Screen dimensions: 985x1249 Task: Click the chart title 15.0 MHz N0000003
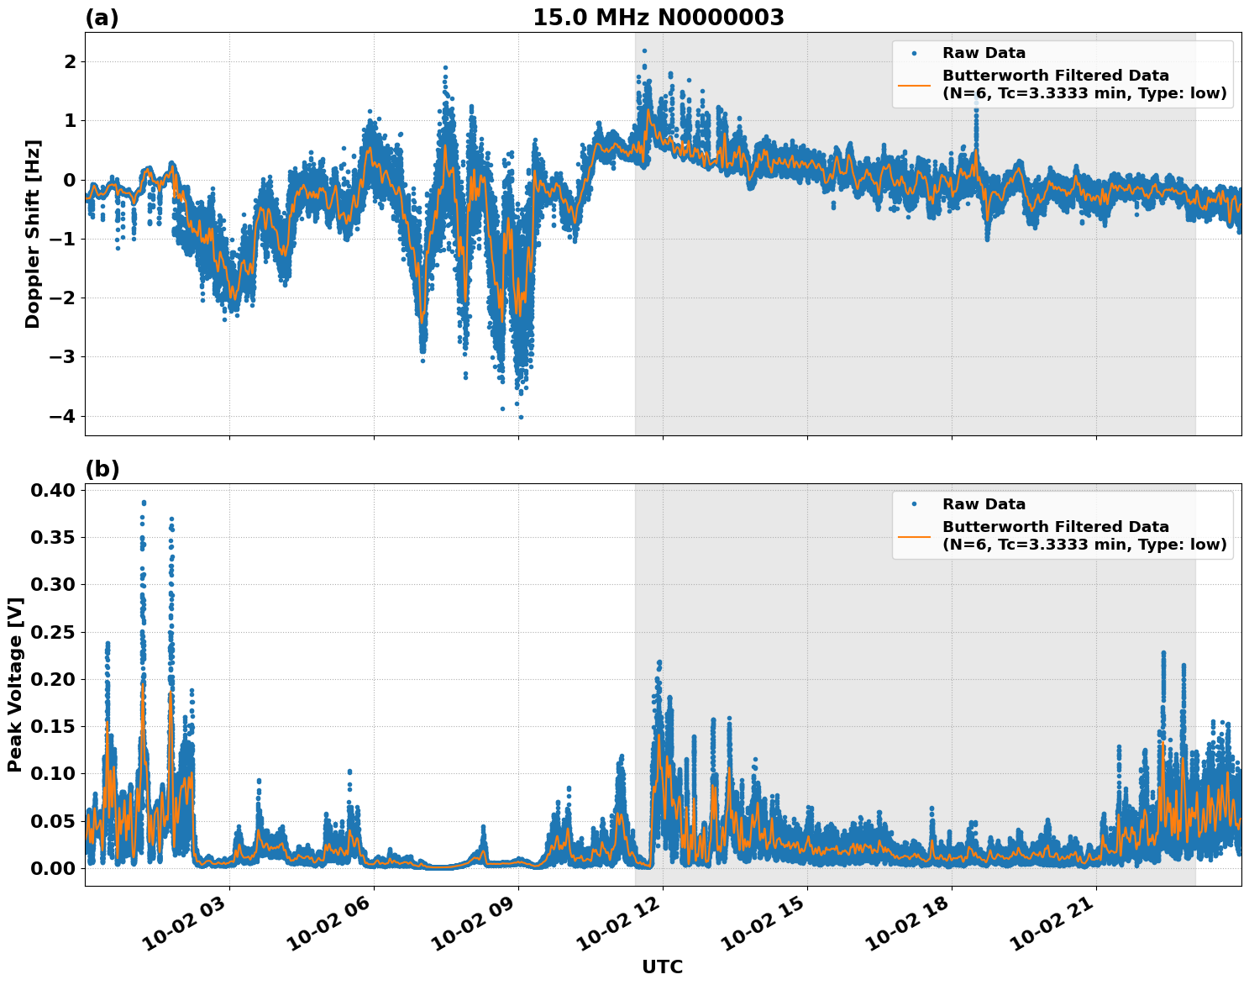[x=658, y=18]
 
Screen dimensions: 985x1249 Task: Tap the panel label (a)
[x=102, y=18]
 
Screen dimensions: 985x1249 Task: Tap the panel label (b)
[x=102, y=469]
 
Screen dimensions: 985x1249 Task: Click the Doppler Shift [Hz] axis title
[x=33, y=234]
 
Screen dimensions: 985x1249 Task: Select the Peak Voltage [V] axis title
[x=14, y=684]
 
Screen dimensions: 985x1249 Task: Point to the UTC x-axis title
[x=662, y=967]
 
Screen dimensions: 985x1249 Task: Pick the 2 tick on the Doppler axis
[x=70, y=62]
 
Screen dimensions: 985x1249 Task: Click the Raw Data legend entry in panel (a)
[x=984, y=53]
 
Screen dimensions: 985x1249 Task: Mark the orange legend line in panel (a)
[x=914, y=85]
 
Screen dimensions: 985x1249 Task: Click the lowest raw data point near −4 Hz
[x=521, y=417]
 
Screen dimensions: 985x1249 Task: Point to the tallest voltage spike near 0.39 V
[x=144, y=503]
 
